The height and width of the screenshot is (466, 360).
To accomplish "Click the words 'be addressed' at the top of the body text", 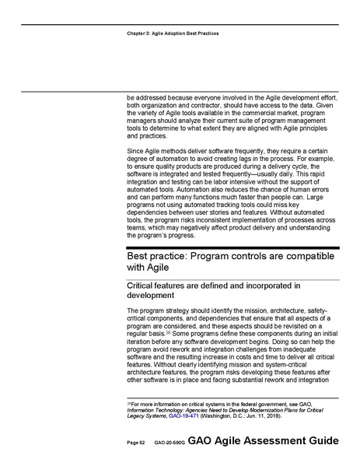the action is coord(144,97).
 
